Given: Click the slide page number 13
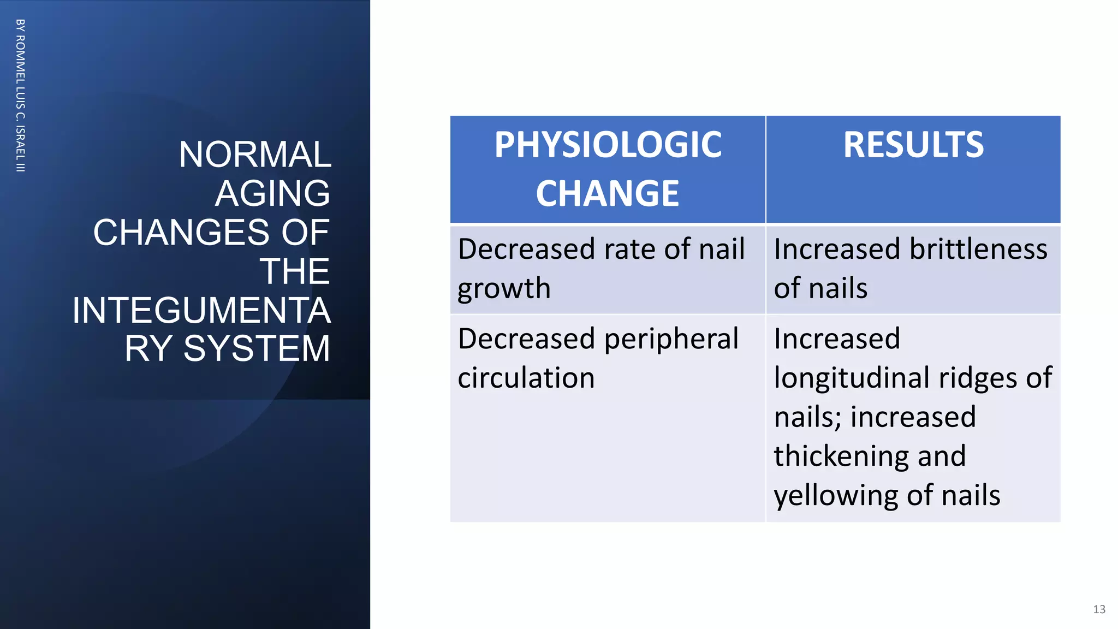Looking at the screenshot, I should coord(1099,609).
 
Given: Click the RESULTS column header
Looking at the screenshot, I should coord(913,145).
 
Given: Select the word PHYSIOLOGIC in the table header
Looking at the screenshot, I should coord(608,145).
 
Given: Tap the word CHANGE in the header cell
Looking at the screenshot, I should coord(608,194).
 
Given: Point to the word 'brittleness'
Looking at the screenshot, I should coord(978,250).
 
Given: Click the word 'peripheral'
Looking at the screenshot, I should coord(671,340).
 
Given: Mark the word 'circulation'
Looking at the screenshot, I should coord(526,378).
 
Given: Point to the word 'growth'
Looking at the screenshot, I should coord(504,289).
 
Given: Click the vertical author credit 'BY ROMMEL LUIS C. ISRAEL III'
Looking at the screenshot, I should coord(20,96).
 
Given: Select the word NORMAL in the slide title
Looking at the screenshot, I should coord(255,155).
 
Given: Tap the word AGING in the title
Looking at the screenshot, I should coord(272,193).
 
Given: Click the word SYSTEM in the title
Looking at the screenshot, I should coord(257,348).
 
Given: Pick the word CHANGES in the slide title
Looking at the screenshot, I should coord(182,232).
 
